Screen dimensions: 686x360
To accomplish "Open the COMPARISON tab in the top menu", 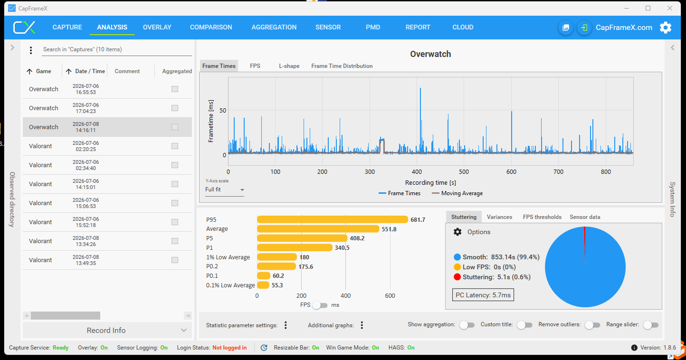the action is [x=211, y=27].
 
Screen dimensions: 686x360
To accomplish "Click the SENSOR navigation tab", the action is [x=328, y=27].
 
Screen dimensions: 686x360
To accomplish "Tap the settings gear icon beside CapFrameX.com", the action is [x=666, y=28].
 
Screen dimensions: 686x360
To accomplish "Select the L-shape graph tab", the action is [x=289, y=66].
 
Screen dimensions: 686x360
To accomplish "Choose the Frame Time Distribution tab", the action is [x=342, y=66].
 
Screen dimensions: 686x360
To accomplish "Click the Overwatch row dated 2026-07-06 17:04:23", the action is [x=107, y=108].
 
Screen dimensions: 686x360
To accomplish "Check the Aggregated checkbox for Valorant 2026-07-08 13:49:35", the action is [x=175, y=260].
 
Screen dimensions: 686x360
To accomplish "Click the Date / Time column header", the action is [x=90, y=71].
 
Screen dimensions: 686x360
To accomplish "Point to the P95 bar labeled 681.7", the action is [x=332, y=219].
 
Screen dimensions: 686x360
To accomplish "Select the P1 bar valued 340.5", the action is [x=295, y=247].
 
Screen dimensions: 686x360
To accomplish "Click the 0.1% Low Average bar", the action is [x=263, y=285].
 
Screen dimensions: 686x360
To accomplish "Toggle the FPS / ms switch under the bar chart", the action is [x=320, y=305].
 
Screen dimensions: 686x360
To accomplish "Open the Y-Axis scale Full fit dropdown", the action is [x=225, y=190].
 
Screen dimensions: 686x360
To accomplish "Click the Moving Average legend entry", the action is [x=457, y=193].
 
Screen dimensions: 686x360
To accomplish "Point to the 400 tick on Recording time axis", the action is [x=417, y=172].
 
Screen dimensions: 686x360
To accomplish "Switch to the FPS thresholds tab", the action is [x=542, y=217].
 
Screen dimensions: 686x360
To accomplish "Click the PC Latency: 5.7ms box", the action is [x=483, y=295].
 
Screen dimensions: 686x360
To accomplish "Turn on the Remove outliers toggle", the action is [x=592, y=325].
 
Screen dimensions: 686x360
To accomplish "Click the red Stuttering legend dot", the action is [x=457, y=277].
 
